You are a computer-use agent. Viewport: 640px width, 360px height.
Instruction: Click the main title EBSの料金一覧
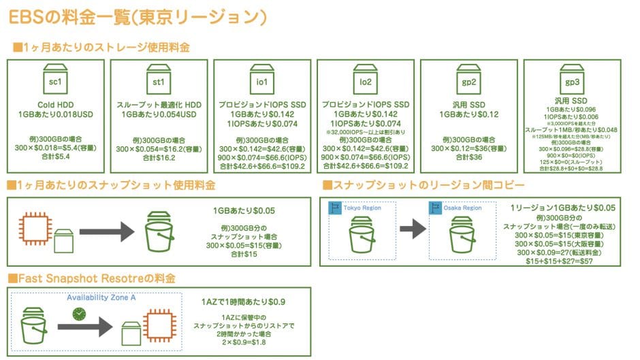coord(136,16)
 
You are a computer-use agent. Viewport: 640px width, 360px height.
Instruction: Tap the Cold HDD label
coord(55,105)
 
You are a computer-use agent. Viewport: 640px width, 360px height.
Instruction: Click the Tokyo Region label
coord(361,208)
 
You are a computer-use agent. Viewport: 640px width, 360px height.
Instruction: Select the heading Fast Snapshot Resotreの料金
coord(95,278)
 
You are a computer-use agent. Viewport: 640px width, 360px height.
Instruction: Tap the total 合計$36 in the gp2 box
coord(469,157)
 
